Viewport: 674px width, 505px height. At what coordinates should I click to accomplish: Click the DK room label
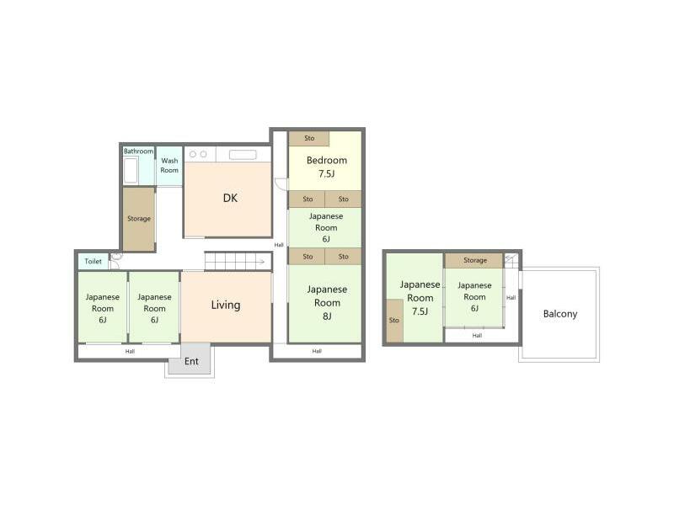point(230,199)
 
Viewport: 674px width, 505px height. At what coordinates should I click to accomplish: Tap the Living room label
point(226,305)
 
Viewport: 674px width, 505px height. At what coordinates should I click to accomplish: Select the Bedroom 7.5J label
point(326,167)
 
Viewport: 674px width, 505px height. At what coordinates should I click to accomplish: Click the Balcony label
point(560,314)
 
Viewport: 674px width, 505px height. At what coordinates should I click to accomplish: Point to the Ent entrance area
point(192,361)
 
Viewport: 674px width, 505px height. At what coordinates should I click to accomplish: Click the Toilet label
point(93,262)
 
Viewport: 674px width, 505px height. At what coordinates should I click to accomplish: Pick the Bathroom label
point(138,151)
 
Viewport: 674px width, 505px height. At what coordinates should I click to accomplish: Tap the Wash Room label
point(169,165)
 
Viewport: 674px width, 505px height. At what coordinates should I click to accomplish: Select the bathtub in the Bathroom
point(131,171)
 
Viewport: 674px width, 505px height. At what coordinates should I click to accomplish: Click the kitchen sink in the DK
point(243,155)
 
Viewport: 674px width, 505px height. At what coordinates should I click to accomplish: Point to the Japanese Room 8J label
point(326,303)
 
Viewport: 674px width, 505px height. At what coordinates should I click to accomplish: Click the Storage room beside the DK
point(139,219)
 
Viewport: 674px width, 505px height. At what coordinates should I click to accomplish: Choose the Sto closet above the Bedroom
point(309,138)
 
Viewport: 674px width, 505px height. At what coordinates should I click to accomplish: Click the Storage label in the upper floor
point(474,260)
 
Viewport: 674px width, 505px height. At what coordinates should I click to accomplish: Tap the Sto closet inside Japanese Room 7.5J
point(393,321)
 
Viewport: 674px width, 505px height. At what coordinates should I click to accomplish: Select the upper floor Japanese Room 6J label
point(474,297)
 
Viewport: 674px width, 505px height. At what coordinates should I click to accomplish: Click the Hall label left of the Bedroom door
point(279,245)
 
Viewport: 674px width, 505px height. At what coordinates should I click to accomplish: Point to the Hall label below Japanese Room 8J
point(317,351)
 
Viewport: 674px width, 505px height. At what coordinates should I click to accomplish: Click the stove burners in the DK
point(199,155)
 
